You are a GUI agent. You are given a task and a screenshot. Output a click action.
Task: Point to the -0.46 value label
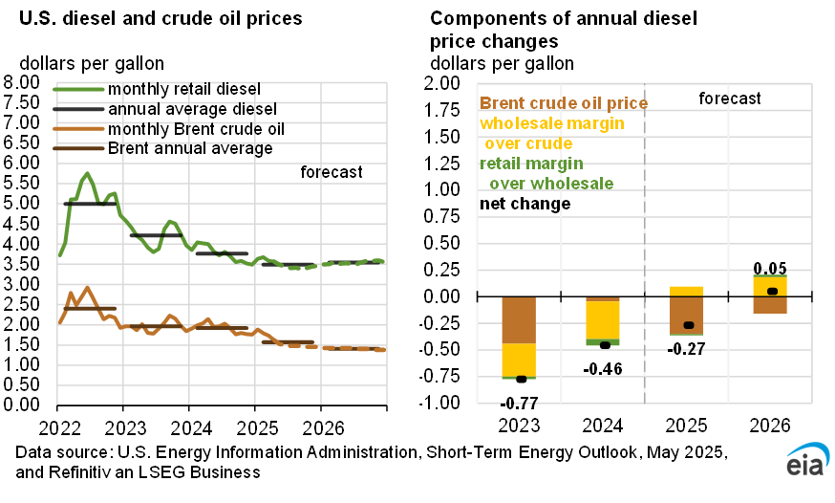coord(604,368)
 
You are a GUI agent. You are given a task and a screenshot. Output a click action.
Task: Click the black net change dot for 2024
coord(604,345)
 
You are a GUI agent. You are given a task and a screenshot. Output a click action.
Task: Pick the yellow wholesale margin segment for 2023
coord(520,360)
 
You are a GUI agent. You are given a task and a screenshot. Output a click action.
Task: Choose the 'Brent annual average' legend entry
coord(190,148)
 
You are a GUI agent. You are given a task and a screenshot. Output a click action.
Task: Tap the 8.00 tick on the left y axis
coord(22,82)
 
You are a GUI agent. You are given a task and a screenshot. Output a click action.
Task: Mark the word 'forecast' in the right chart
coord(730,98)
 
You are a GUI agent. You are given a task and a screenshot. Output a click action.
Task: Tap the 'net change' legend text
coord(525,204)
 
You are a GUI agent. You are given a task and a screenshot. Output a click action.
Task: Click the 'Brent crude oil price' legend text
coord(564,103)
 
